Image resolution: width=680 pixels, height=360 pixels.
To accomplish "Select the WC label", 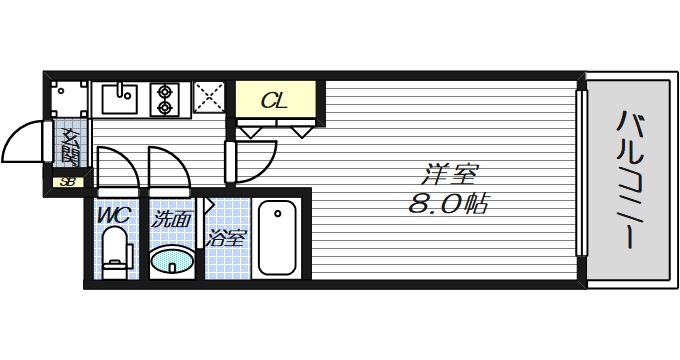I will click(x=112, y=213).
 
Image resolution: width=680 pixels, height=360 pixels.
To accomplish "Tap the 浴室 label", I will click(x=227, y=238).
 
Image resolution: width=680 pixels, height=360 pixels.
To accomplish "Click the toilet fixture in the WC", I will click(x=116, y=250).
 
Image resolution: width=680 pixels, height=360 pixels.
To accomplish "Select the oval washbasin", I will click(x=171, y=261).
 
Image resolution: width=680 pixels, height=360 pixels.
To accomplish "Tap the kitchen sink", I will click(x=119, y=100).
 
